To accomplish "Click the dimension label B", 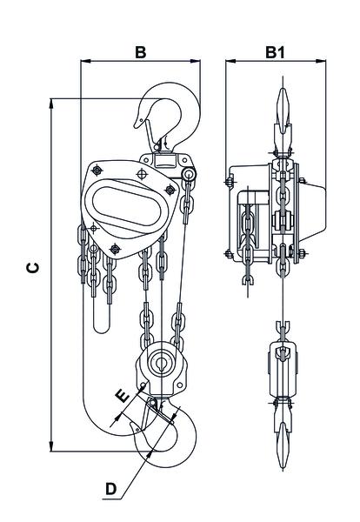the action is [140, 52].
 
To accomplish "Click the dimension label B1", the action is [275, 52].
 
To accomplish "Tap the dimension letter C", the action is [33, 268].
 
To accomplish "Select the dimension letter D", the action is [110, 489].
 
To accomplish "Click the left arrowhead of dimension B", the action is [86, 61].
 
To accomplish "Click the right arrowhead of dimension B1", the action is [320, 61].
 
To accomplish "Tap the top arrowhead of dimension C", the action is [51, 104].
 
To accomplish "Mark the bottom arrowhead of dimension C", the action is [51, 446].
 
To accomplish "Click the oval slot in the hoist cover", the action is [126, 205].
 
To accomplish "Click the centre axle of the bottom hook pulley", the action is [162, 361].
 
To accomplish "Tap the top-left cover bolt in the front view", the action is [97, 171].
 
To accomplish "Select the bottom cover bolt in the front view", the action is [115, 248].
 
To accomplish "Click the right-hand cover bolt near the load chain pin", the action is [170, 190].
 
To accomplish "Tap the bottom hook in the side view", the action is [283, 432].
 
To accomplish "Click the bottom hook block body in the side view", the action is [283, 369].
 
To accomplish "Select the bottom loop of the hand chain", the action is [102, 327].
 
